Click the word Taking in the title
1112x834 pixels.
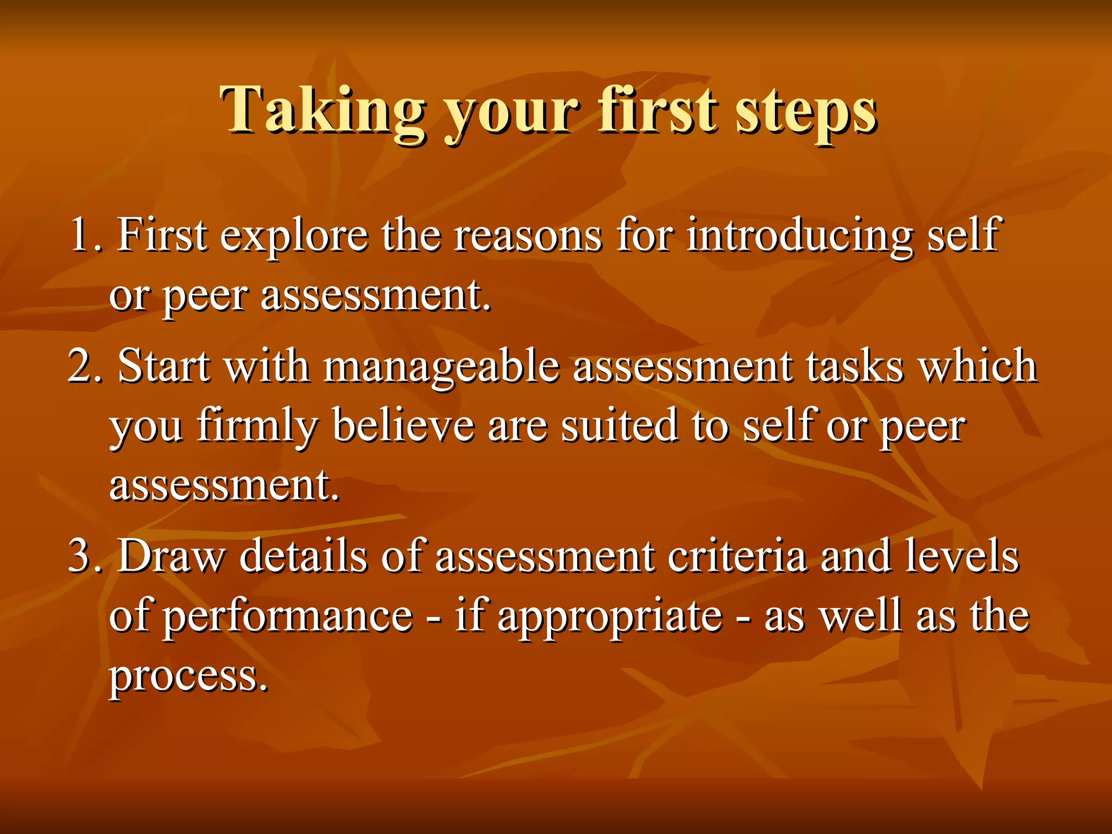[323, 111]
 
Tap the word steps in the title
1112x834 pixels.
[806, 111]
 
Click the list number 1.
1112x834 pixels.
[84, 235]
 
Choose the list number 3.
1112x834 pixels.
[84, 556]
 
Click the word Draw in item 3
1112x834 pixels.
[172, 556]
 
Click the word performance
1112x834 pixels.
[288, 617]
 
